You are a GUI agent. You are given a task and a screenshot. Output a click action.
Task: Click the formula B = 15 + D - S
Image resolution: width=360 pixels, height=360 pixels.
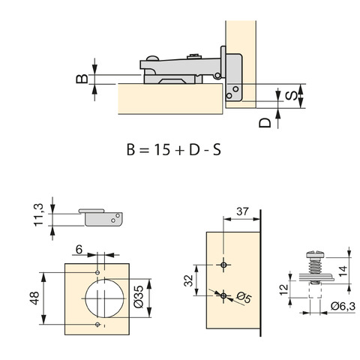(174, 150)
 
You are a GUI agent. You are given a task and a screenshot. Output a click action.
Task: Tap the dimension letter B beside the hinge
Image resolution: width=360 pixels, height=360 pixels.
(82, 79)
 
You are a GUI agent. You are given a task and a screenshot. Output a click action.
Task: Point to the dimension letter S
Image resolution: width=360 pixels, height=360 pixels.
(292, 96)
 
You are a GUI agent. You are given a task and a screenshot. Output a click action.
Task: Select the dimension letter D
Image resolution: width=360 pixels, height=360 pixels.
(265, 123)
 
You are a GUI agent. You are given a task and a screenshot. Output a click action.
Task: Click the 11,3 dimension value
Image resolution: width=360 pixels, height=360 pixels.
(39, 215)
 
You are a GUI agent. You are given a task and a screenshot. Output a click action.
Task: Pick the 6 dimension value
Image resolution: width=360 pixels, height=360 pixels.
(79, 249)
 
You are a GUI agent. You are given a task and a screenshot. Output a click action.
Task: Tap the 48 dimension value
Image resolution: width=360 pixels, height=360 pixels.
(34, 298)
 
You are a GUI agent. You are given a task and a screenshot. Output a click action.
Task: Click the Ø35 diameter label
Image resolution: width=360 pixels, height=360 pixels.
(139, 297)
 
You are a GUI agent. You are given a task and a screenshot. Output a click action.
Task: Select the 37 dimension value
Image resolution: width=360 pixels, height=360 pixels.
(243, 211)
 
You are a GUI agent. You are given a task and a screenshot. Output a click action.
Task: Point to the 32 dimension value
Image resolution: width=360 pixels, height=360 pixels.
(189, 280)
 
